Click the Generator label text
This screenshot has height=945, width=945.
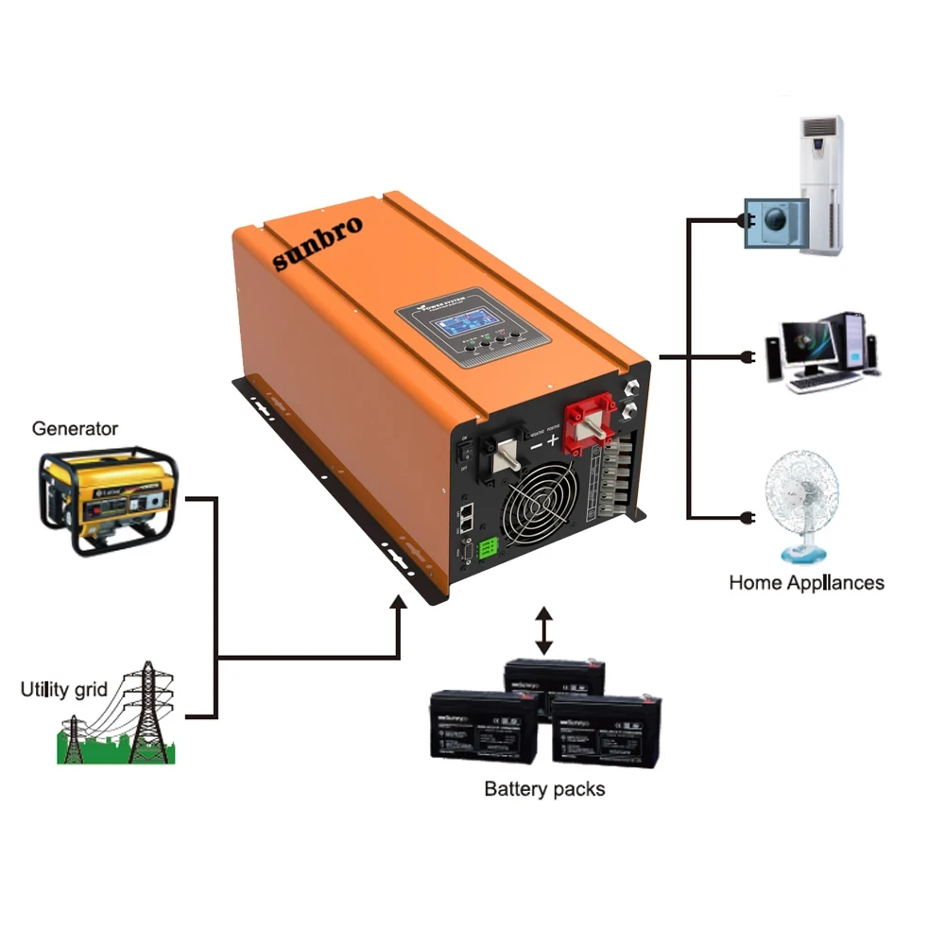click(75, 428)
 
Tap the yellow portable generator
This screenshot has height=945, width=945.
click(107, 500)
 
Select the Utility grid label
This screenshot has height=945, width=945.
click(64, 689)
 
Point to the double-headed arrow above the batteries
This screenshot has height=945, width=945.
click(543, 631)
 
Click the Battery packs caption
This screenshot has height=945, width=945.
click(543, 788)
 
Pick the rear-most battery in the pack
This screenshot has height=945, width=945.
click(556, 678)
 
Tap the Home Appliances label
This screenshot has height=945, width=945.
click(806, 582)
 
